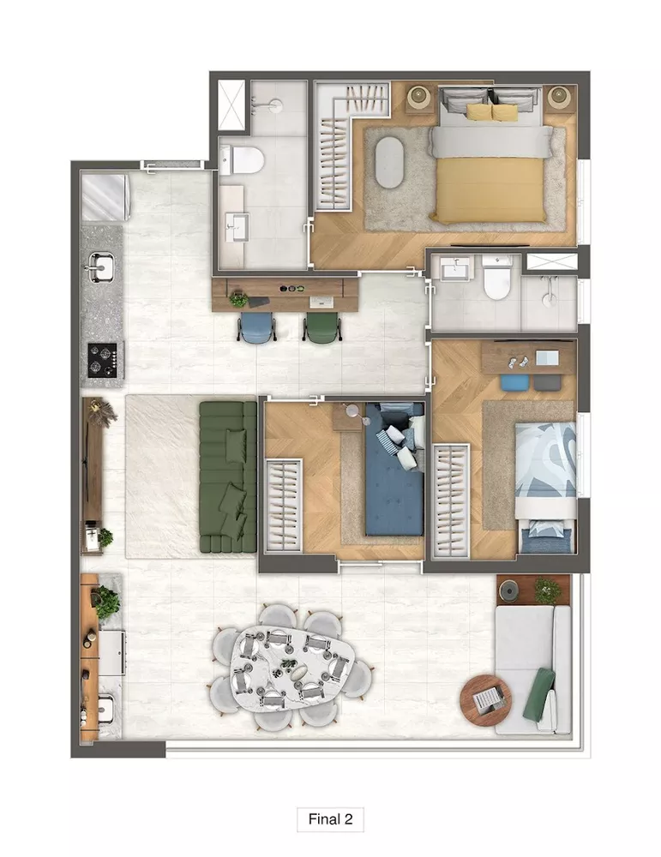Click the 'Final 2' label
[x=330, y=818]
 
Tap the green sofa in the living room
[x=227, y=477]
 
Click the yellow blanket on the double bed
[x=490, y=189]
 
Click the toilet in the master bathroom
[x=245, y=159]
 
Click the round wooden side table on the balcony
[x=485, y=699]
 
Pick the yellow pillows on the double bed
[x=492, y=112]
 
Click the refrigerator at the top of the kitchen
[x=104, y=196]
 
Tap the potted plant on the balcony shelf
[x=547, y=590]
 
